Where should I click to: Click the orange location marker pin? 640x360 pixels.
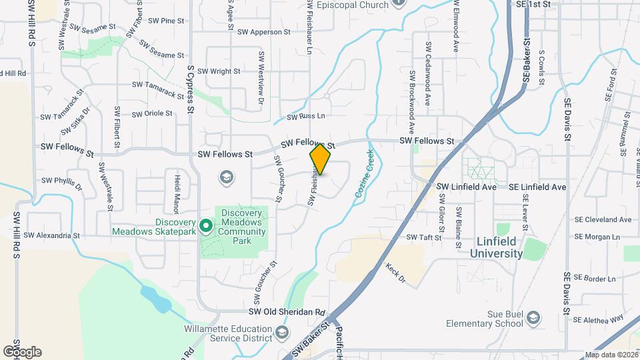coord(321,159)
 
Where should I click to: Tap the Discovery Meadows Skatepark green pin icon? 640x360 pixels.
coord(207,227)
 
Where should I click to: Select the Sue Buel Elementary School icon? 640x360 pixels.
coord(533,319)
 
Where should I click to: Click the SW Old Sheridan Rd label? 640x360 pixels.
coord(286,312)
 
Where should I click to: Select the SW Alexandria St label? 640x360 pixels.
coord(51,235)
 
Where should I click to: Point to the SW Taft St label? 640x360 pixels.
coord(420,237)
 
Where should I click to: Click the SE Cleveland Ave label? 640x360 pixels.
coord(602,219)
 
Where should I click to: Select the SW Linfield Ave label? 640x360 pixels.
coord(467,187)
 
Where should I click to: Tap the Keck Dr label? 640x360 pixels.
coord(395,272)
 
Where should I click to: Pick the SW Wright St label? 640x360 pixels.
coord(218,71)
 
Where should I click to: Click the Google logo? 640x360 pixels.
coord(22,351)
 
